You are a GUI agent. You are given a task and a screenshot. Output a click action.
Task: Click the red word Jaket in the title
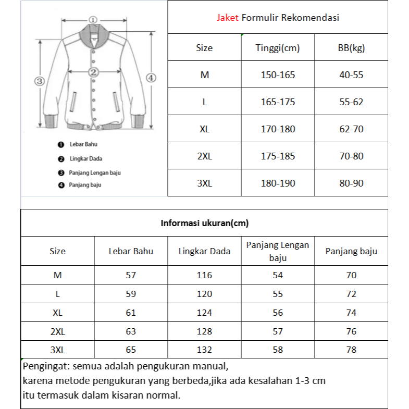point(228,18)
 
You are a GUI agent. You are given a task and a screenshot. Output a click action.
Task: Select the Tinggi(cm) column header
point(278,48)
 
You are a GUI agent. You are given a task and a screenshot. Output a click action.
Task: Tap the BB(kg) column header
point(351,48)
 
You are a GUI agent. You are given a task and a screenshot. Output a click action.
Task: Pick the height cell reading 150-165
point(278,75)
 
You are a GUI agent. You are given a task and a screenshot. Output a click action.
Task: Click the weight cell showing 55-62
point(351,102)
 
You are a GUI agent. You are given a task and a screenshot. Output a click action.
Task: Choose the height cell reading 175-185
point(278,156)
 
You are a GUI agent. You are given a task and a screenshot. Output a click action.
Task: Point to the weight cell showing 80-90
point(351,183)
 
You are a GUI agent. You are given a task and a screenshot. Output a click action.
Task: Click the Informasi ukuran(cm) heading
point(204,224)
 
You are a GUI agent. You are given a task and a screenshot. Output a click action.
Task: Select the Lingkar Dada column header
point(204,251)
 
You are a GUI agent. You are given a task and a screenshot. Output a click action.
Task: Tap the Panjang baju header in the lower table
point(351,251)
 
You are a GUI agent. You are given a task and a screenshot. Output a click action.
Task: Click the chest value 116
point(204,275)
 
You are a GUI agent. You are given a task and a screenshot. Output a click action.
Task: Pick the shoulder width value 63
point(131,331)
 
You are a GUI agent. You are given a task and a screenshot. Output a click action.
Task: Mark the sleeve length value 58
point(278,350)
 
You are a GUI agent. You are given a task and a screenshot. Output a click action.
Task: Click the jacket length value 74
point(351,313)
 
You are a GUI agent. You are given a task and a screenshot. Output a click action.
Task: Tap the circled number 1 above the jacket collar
point(93,20)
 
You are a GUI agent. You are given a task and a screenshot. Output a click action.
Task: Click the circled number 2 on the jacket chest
point(94,72)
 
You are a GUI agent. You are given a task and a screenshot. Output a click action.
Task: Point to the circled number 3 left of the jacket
point(39,81)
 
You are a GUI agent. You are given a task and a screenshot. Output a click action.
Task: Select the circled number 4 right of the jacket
point(151,78)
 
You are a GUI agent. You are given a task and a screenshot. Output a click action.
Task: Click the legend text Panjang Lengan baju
point(91,172)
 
